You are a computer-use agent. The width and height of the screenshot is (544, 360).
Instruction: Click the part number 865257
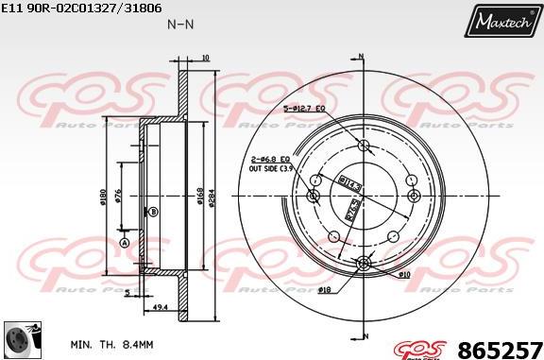[x=500, y=349]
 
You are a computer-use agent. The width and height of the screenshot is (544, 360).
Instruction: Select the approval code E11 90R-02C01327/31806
[x=83, y=8]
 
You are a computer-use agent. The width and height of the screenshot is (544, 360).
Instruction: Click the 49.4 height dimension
[x=161, y=307]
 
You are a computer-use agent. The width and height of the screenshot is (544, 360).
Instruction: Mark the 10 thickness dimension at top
[x=206, y=58]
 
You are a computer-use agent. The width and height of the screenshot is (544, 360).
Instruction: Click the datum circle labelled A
[x=124, y=243]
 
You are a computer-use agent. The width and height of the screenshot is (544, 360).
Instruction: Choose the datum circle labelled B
[x=153, y=212]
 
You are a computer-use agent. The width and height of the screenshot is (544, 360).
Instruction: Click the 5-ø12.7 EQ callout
[x=304, y=109]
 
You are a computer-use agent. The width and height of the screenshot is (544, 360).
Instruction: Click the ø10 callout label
[x=404, y=274]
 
